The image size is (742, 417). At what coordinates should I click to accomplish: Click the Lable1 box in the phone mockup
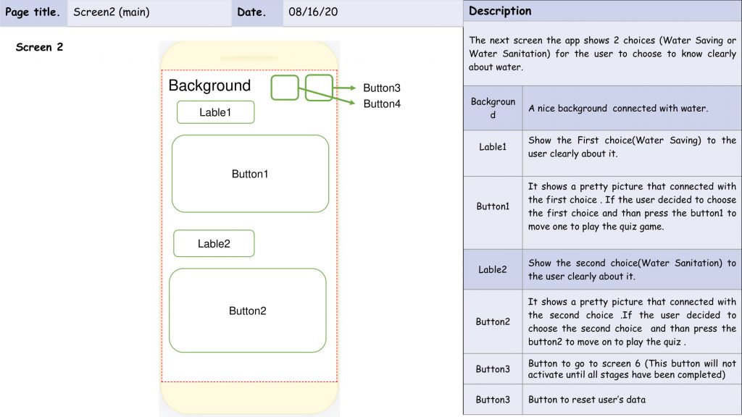click(x=215, y=112)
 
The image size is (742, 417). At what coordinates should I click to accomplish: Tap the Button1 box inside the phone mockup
click(x=250, y=174)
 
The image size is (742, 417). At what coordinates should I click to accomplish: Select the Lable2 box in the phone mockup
click(x=214, y=243)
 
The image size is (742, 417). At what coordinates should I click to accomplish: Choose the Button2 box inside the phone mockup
click(x=248, y=311)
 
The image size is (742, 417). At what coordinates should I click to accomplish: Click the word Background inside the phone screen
click(x=209, y=85)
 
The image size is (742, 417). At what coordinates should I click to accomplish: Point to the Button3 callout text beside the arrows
click(x=382, y=88)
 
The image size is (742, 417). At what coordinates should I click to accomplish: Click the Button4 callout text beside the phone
click(x=382, y=104)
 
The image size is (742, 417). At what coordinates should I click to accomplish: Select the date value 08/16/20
click(x=313, y=12)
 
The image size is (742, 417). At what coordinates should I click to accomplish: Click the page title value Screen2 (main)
click(x=111, y=12)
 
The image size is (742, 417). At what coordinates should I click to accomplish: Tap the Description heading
click(x=500, y=11)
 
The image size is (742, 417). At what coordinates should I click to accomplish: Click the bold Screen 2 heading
click(x=39, y=47)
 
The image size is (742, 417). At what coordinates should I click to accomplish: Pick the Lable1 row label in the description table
click(x=493, y=146)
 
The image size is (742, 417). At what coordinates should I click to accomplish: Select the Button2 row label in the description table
click(x=493, y=321)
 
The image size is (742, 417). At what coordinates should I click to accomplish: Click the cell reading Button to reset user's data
click(x=587, y=400)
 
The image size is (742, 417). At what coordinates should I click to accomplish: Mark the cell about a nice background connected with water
click(x=618, y=109)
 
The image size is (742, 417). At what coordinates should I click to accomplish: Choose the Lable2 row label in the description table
click(x=493, y=269)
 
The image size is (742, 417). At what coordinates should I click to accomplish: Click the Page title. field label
click(x=32, y=12)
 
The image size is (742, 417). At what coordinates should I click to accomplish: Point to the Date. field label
click(x=251, y=12)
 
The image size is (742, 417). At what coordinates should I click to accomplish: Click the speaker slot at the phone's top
click(x=249, y=58)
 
